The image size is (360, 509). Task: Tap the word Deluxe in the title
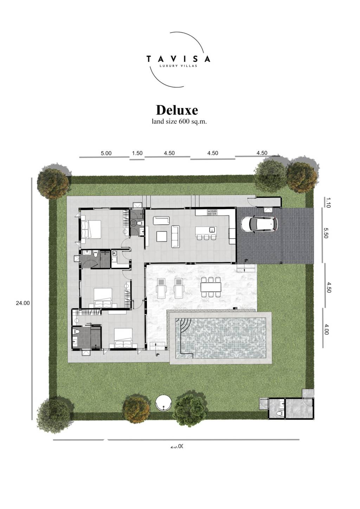click(x=177, y=110)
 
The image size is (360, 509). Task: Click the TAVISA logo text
click(x=178, y=59)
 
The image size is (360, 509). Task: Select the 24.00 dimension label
click(x=23, y=303)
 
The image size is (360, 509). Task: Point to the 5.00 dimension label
click(x=106, y=153)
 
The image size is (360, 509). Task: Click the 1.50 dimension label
click(x=137, y=153)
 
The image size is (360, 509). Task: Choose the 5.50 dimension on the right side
click(x=327, y=232)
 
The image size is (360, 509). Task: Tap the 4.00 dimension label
click(x=327, y=329)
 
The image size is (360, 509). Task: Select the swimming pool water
click(x=225, y=337)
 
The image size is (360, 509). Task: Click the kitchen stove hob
click(x=212, y=212)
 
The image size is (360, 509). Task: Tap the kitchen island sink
click(x=212, y=230)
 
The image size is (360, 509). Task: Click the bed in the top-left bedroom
click(x=91, y=228)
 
